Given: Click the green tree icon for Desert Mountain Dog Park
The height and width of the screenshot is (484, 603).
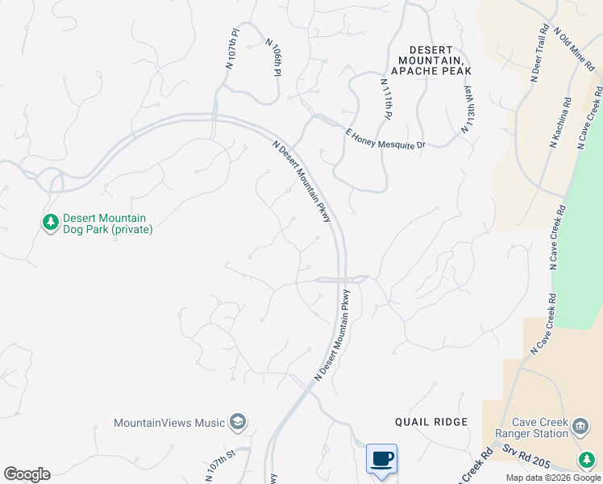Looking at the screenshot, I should coord(50,222).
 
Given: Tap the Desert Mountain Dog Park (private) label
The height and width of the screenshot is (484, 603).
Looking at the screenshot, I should coord(107,223).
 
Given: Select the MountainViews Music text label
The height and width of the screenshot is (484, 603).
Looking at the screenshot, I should coord(169,422).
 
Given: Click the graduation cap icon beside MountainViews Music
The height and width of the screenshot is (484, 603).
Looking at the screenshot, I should coord(238,421).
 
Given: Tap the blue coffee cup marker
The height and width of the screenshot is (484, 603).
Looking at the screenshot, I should coord(382,459).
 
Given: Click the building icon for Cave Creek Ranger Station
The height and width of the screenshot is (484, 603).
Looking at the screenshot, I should coord(580,426).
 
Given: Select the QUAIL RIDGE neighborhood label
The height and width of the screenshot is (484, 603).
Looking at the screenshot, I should coord(431,422).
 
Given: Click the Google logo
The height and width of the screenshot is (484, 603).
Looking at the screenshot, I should coord(27,474).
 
